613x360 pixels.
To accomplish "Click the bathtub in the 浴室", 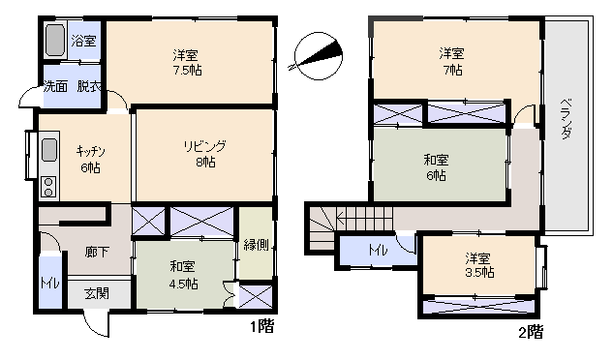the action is point(55,40).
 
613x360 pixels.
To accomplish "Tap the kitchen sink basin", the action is point(48,149).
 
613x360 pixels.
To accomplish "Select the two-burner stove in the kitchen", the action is point(48,187).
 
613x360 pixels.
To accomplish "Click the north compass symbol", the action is point(318,56).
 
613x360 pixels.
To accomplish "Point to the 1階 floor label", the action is point(261,326).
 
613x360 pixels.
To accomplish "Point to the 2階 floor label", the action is point(531,332).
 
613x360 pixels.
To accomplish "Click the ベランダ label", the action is point(567,118).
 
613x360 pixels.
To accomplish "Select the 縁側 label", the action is point(256,245).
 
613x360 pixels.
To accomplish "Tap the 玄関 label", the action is point(97,293).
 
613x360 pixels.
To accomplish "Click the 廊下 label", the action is point(97,252).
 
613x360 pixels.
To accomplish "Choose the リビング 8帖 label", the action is point(205,154).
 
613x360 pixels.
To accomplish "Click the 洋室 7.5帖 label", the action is point(187,63).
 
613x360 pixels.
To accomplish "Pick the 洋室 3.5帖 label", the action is point(479,265).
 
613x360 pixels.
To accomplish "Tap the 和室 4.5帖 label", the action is point(183,275).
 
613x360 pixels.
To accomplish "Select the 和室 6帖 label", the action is point(436,167).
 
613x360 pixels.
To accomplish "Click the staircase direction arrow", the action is point(364,216).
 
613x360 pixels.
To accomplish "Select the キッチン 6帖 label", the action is point(90,160).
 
